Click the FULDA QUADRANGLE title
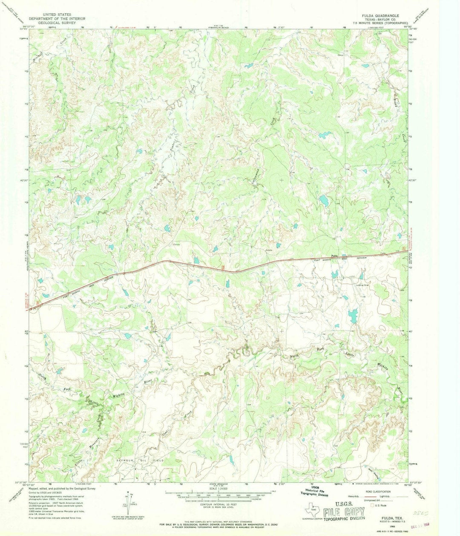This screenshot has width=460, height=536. (380, 15)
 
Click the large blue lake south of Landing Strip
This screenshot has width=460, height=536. (352, 316)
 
